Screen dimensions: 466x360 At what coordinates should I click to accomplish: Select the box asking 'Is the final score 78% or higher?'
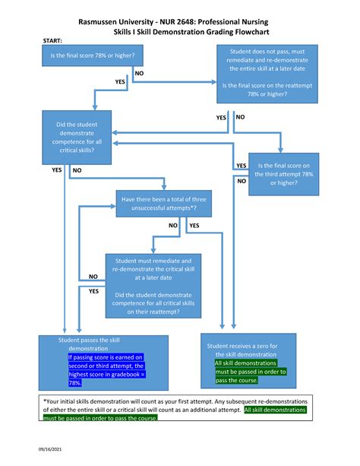[x=85, y=56]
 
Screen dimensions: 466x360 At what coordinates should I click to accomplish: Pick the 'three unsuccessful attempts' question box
[x=163, y=203]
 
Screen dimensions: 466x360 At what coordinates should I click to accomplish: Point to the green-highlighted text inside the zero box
[x=249, y=372]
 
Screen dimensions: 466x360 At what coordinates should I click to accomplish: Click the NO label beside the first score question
[x=138, y=73]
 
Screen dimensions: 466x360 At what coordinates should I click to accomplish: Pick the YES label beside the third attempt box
[x=241, y=165]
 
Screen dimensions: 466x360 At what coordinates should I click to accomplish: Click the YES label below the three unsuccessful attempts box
[x=194, y=226]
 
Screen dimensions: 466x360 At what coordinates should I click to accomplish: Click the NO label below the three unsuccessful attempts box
[x=172, y=226]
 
